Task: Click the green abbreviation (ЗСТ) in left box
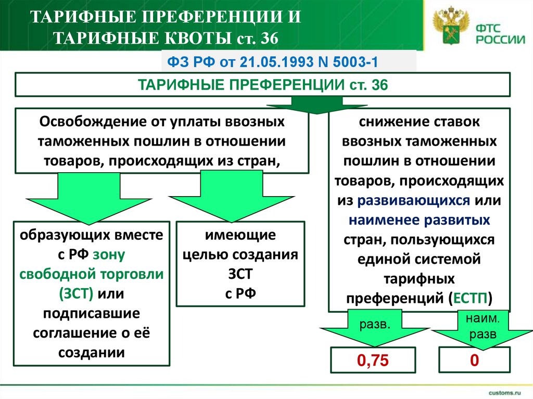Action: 76,294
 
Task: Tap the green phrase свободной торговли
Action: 92,274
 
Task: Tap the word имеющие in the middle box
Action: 240,235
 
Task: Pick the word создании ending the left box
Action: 92,353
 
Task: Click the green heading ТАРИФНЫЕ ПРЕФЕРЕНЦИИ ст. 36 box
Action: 262,85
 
